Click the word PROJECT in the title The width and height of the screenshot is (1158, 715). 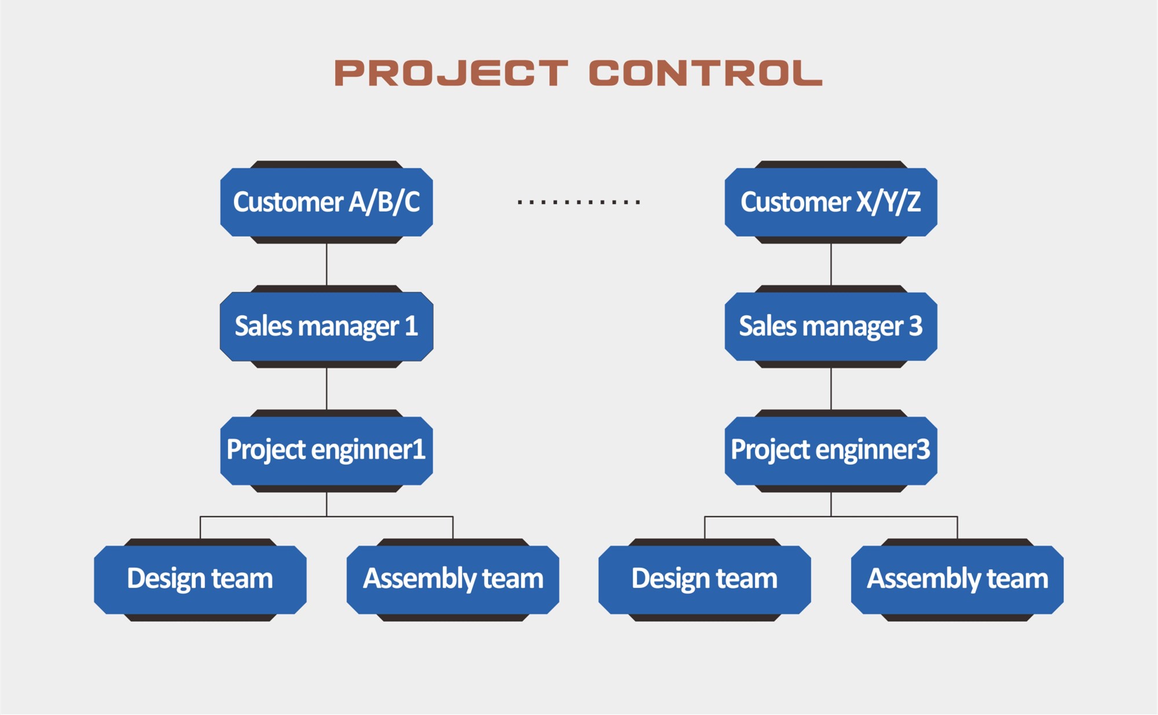click(x=451, y=74)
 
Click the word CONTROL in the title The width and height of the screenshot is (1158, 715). click(x=705, y=74)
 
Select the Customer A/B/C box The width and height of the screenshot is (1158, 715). click(x=327, y=202)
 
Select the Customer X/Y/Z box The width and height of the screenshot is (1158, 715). click(x=831, y=202)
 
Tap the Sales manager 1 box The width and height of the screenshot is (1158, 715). click(x=327, y=327)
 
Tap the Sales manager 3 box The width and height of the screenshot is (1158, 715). click(x=831, y=327)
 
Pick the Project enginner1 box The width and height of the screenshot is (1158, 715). click(x=327, y=451)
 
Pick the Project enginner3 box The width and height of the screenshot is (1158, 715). click(x=831, y=451)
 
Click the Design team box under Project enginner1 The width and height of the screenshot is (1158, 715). click(x=200, y=580)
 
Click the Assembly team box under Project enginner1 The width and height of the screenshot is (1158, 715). click(x=453, y=580)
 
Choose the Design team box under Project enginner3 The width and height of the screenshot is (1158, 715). click(x=705, y=580)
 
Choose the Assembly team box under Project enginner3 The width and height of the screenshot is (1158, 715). click(x=957, y=580)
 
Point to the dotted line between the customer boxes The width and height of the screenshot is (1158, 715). click(x=579, y=202)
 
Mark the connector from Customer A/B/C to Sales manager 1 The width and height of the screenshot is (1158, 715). click(x=327, y=264)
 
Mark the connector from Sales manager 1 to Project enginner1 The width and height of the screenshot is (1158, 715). click(x=327, y=388)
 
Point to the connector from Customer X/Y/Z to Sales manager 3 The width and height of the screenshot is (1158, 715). click(x=831, y=264)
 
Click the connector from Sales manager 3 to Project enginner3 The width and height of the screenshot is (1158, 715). click(x=831, y=388)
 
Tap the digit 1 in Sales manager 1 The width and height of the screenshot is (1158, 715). click(x=411, y=326)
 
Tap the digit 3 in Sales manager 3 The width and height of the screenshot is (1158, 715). click(x=915, y=326)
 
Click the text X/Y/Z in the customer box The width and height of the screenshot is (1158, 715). click(x=889, y=202)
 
